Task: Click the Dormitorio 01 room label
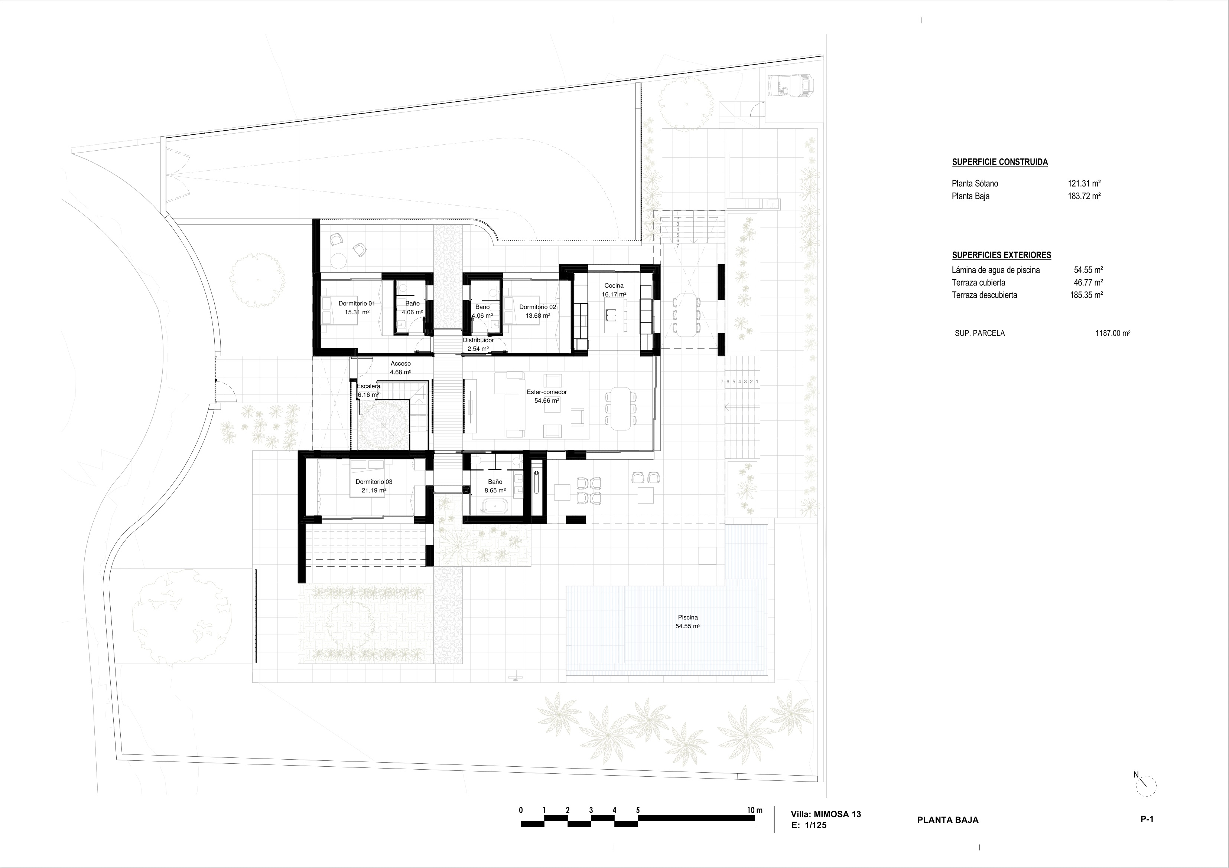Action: coord(357,303)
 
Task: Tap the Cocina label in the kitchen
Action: coord(614,286)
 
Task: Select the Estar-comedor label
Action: coord(546,392)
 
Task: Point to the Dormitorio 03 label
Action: coord(374,482)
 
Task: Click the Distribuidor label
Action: coord(478,340)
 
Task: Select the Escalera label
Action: coord(369,386)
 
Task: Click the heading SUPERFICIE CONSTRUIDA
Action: coord(1000,162)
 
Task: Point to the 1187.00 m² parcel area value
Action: coord(1113,333)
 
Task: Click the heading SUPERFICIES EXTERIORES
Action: coord(1001,255)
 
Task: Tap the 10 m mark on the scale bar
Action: coord(755,810)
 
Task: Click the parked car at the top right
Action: coord(790,86)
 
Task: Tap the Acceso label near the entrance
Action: coord(400,364)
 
